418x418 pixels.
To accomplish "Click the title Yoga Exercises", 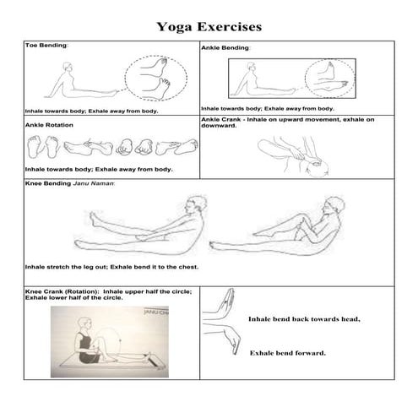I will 209,26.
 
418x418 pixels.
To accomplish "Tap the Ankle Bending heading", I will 225,48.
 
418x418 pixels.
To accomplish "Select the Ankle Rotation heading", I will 50,125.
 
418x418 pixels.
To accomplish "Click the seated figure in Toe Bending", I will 71,84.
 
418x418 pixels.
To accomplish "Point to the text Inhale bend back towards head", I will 303,318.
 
